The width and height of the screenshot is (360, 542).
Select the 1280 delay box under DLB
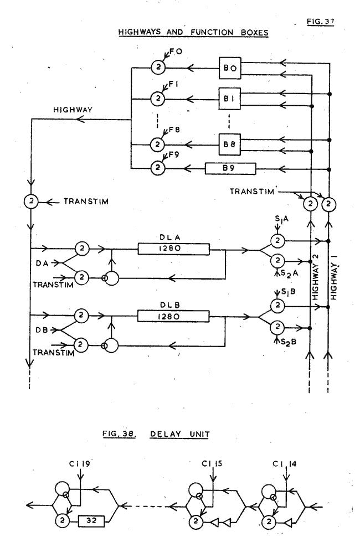174,316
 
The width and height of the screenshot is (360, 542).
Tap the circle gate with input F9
158,167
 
